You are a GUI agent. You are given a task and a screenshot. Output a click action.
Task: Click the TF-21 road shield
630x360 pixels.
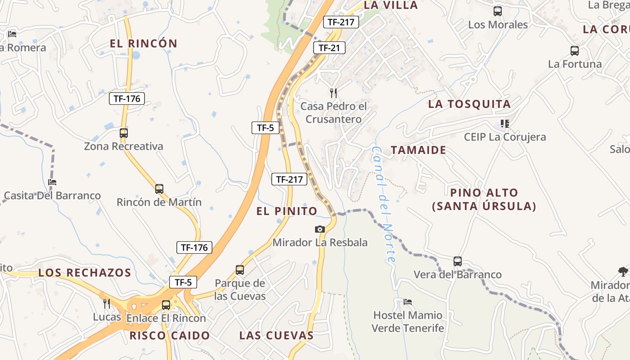329,48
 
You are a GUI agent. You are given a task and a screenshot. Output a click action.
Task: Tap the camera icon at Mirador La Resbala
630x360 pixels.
320,229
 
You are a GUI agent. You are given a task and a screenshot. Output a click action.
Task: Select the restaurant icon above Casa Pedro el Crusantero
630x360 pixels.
333,93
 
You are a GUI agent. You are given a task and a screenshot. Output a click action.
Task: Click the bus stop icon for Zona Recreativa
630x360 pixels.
124,133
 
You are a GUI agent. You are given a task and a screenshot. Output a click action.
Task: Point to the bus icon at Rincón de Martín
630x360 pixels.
159,189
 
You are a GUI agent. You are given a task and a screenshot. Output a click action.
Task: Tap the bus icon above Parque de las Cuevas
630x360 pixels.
240,270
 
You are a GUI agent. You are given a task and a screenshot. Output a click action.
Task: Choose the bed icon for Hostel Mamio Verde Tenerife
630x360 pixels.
408,301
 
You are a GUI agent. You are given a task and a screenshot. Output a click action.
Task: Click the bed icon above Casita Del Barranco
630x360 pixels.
52,182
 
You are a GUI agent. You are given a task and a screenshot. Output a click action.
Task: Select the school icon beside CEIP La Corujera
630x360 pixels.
505,123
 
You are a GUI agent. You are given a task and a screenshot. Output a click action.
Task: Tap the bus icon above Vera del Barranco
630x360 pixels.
458,261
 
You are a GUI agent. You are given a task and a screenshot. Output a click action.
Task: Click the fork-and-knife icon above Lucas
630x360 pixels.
107,303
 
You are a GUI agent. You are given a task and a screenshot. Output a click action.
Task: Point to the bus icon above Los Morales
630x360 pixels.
498,11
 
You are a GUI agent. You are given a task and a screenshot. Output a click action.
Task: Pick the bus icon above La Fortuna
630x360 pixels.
575,51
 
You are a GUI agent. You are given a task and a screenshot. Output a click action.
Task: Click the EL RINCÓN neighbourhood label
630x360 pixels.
144,44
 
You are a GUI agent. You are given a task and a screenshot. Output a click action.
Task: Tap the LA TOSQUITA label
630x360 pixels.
469,104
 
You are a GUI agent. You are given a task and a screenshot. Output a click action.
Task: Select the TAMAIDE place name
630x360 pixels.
418,150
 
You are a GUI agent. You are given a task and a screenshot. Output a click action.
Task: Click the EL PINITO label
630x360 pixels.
287,211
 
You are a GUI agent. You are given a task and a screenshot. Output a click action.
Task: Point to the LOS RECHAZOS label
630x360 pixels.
85,273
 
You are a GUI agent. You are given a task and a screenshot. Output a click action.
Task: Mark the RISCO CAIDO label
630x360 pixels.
170,336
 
